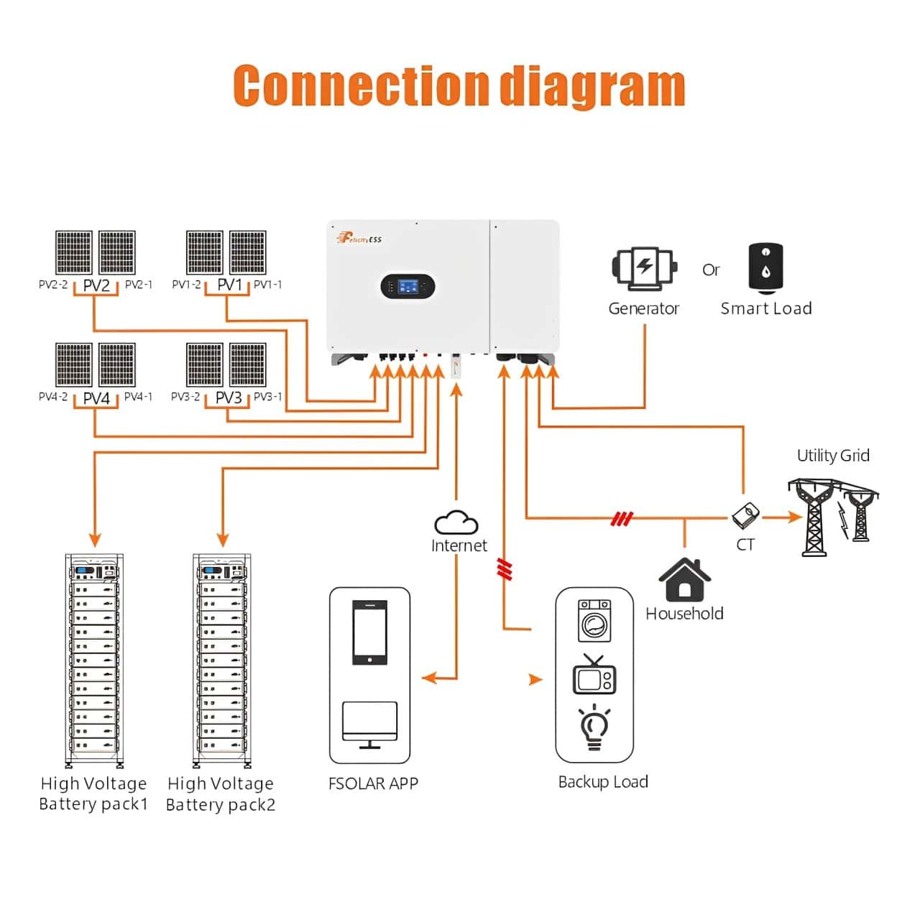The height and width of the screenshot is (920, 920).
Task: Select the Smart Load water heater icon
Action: (x=765, y=268)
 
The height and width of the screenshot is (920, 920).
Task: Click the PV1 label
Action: (x=230, y=285)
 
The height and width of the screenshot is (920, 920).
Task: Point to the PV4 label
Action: (x=96, y=397)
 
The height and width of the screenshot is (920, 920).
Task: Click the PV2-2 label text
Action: (x=53, y=285)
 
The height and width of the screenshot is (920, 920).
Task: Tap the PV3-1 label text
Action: (x=267, y=397)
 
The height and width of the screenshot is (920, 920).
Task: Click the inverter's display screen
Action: (x=408, y=287)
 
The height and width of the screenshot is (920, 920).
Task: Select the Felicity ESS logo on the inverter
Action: (x=359, y=239)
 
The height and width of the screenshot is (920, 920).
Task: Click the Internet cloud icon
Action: (x=456, y=523)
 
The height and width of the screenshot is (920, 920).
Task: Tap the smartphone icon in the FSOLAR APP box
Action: (x=369, y=633)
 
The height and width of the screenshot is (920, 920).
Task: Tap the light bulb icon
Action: (x=594, y=727)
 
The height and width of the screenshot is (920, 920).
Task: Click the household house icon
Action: (x=684, y=580)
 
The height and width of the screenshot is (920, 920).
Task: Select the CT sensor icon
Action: (x=745, y=515)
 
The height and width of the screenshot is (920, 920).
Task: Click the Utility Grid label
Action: (x=832, y=456)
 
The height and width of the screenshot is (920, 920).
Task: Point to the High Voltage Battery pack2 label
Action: (x=221, y=793)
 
